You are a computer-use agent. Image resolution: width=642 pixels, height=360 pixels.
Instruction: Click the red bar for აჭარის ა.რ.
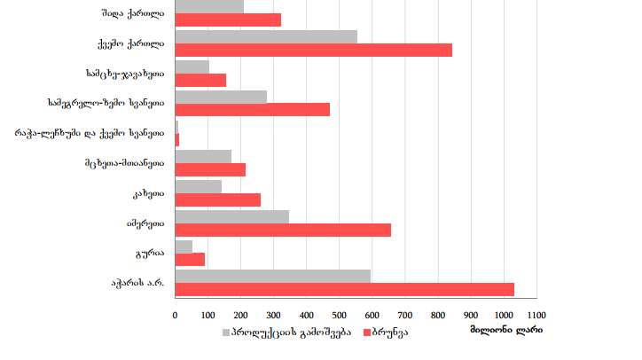[x=345, y=290]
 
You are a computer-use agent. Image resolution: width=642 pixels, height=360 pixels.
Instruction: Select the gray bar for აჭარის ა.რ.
[x=273, y=276]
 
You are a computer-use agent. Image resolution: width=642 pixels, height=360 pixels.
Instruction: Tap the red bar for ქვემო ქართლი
[x=314, y=51]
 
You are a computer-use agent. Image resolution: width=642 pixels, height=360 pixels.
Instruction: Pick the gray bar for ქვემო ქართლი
[x=266, y=36]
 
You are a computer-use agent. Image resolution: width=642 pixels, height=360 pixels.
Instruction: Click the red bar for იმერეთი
[x=283, y=231]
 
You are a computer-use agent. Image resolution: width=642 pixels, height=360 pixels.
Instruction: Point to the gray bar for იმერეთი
[x=232, y=216]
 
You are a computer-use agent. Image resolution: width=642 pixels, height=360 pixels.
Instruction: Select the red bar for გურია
[x=190, y=260]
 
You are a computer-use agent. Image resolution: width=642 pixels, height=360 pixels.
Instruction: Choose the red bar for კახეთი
[x=218, y=200]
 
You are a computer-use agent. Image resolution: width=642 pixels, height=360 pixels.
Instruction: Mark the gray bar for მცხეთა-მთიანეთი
[x=203, y=156]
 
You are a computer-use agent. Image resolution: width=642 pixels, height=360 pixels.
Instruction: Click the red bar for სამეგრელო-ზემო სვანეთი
[x=253, y=110]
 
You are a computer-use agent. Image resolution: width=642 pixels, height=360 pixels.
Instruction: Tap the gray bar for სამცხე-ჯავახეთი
[x=192, y=67]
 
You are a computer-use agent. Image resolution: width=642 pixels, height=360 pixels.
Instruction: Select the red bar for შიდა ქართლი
[x=228, y=20]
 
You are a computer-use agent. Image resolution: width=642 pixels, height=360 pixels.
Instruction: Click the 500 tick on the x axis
[x=340, y=315]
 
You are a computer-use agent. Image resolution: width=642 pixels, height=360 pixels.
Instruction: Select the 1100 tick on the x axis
[x=536, y=315]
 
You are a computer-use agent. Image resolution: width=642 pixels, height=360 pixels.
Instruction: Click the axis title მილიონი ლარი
[x=506, y=331]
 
